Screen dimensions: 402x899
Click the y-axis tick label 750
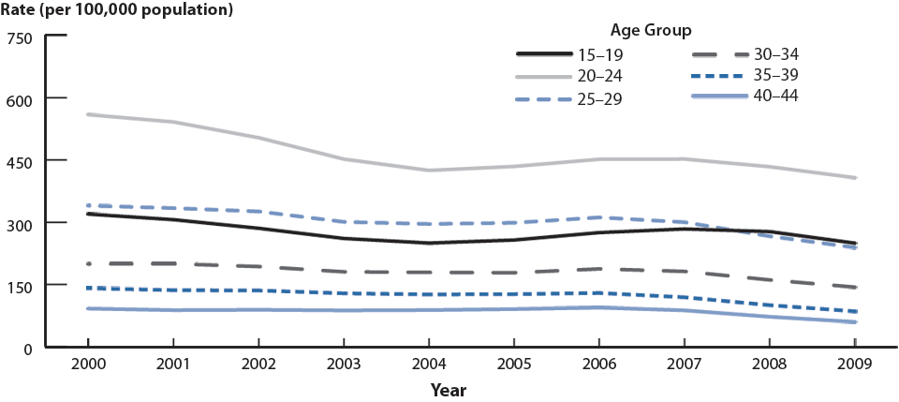pyautogui.click(x=21, y=37)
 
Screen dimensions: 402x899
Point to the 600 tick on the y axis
pyautogui.click(x=21, y=99)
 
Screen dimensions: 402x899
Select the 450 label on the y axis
pyautogui.click(x=21, y=161)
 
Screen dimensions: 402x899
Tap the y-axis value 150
pyautogui.click(x=21, y=286)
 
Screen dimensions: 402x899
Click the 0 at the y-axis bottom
pyautogui.click(x=29, y=348)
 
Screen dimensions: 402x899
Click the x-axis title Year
pyautogui.click(x=449, y=389)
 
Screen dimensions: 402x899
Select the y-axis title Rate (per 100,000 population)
pyautogui.click(x=118, y=11)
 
